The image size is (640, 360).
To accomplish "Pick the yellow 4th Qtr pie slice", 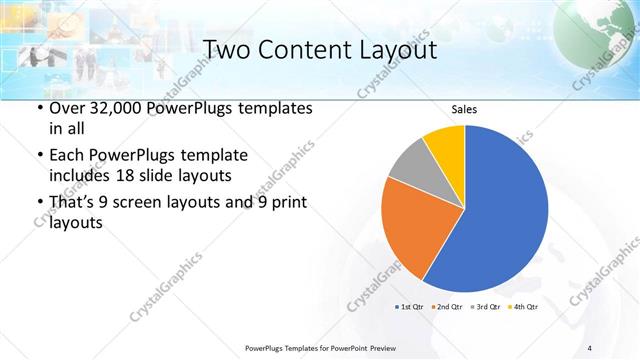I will click(x=445, y=145).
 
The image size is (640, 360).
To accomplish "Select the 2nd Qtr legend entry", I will click(x=448, y=306).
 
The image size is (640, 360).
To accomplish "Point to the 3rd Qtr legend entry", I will click(x=487, y=306).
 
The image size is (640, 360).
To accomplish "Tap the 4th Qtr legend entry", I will click(x=525, y=306).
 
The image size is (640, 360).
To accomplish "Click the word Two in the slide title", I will click(x=229, y=50).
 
